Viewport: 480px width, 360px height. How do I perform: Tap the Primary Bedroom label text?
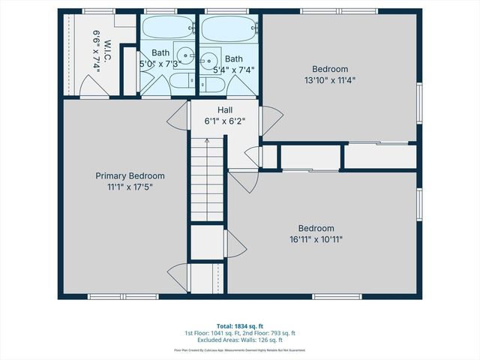pyautogui.click(x=130, y=175)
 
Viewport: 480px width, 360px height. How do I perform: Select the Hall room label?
pyautogui.click(x=225, y=109)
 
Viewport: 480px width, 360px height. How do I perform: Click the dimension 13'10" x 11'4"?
pyautogui.click(x=341, y=79)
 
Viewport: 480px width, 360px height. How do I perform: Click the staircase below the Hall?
pyautogui.click(x=207, y=180)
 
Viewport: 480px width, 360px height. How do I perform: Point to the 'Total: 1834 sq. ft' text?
pyautogui.click(x=240, y=326)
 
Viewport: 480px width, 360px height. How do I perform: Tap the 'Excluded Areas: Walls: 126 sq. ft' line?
pyautogui.click(x=240, y=340)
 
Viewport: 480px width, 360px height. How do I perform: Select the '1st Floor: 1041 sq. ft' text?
pyautogui.click(x=211, y=333)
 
